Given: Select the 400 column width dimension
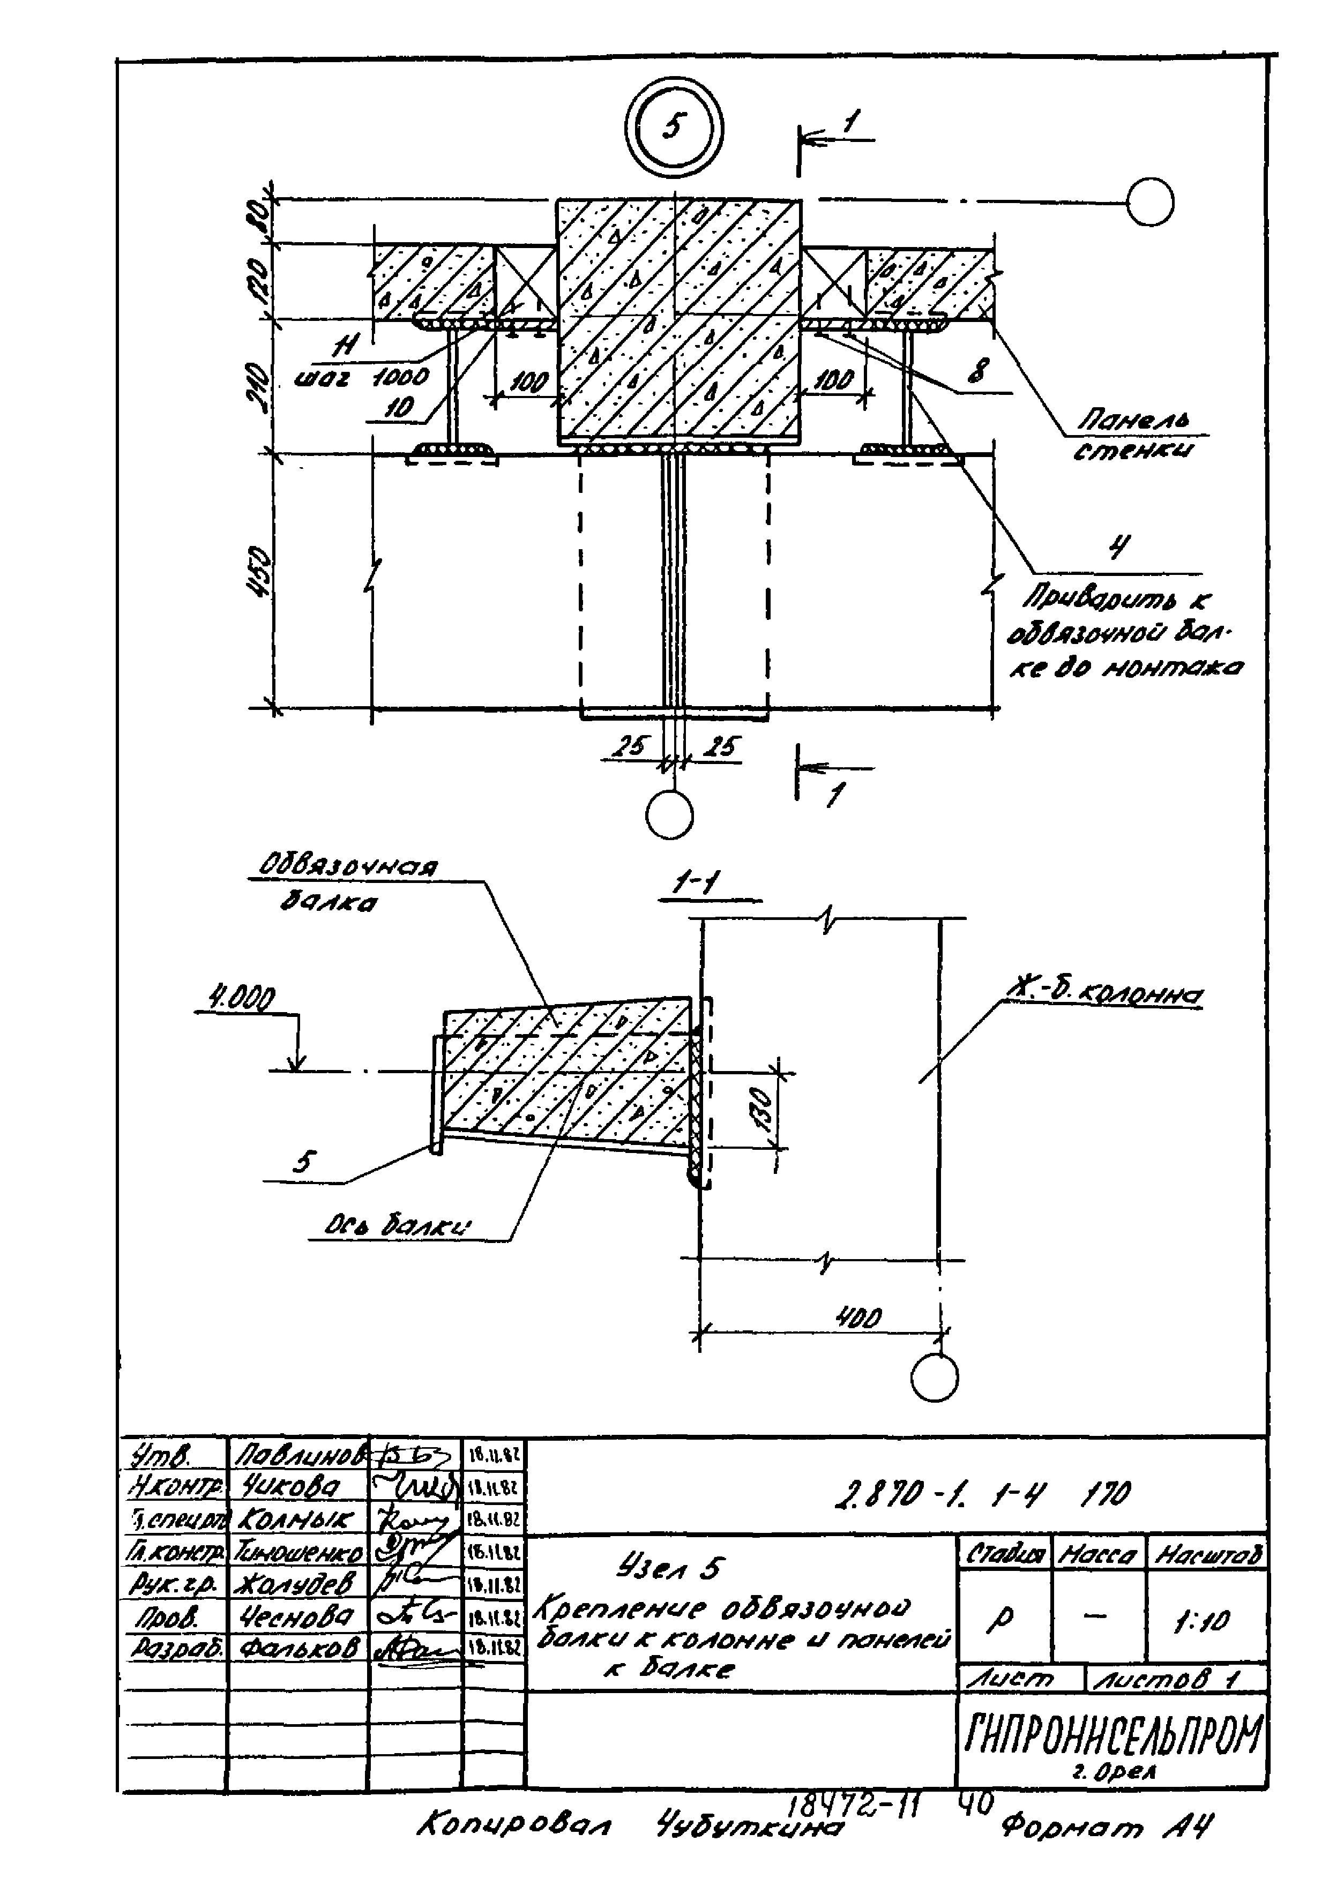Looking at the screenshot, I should tap(857, 1317).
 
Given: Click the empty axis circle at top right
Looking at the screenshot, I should tap(1149, 202).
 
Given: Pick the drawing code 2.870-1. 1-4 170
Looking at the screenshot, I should tap(982, 1494).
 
